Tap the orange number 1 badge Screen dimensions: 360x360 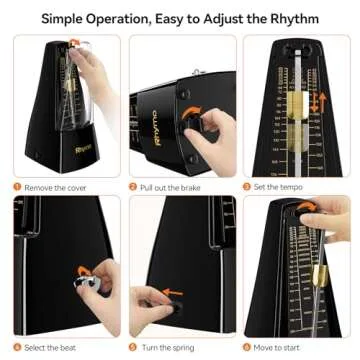coord(17,185)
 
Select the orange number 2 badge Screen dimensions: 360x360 coord(133,185)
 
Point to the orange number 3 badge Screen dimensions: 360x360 coord(250,185)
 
